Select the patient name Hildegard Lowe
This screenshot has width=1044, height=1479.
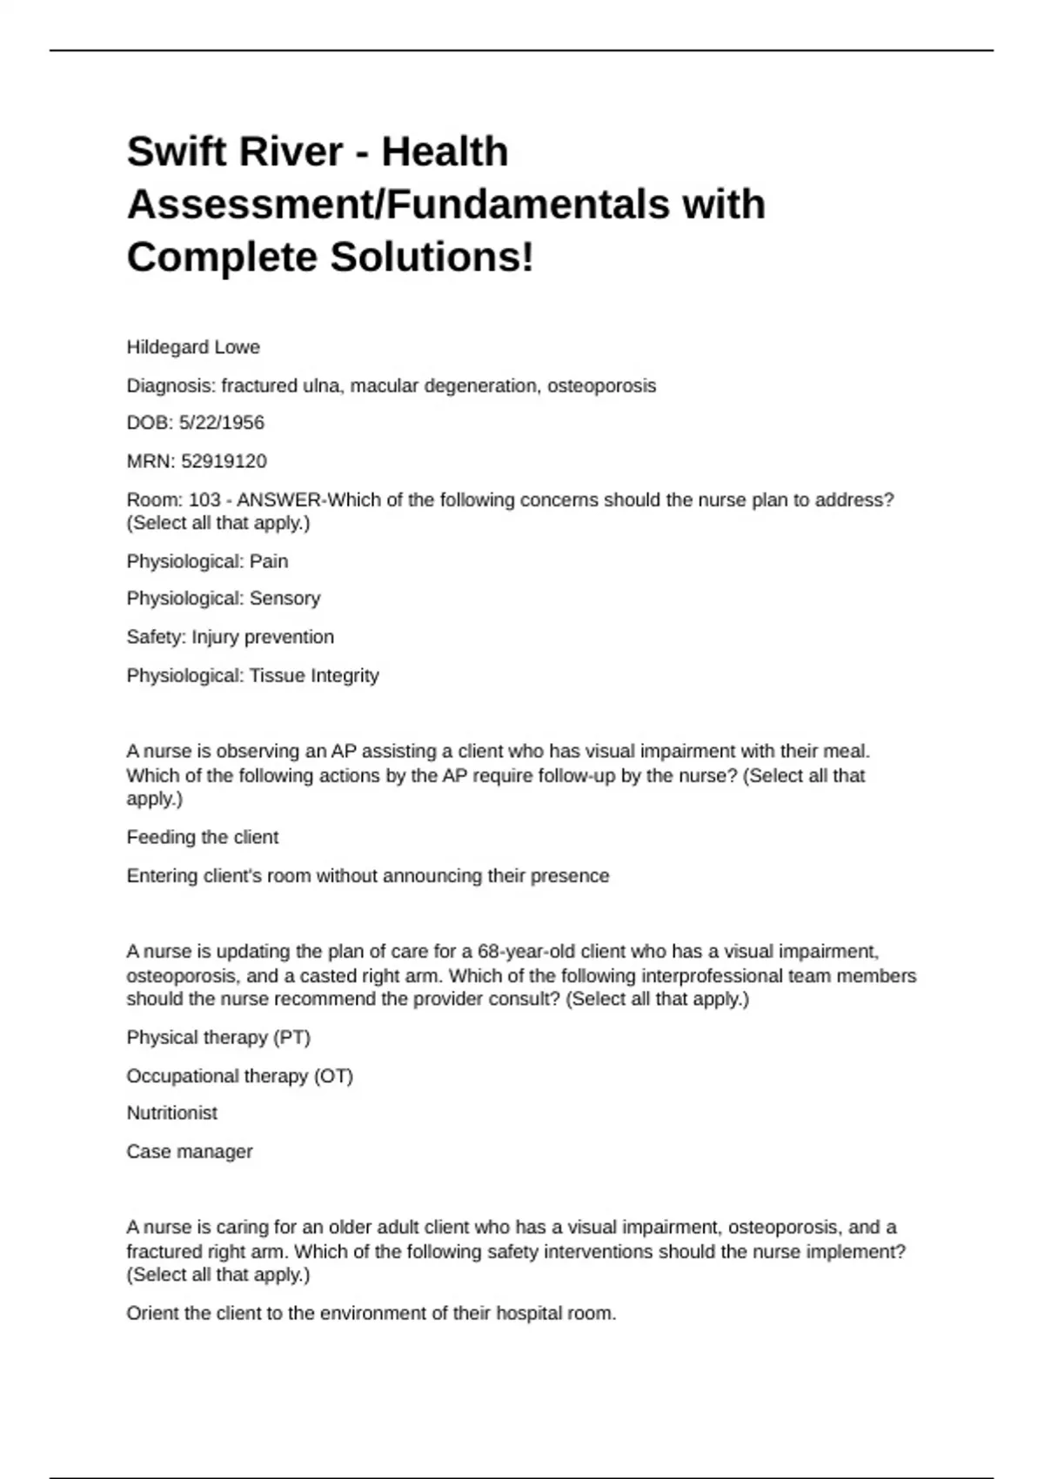(193, 347)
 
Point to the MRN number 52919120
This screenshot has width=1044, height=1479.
(224, 461)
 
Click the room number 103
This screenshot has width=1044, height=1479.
(204, 500)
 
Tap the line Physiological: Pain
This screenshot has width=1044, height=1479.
(207, 561)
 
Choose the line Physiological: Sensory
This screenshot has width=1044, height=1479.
(224, 599)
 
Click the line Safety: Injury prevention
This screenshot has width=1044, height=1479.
(230, 637)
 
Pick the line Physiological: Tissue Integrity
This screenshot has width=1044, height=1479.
(252, 675)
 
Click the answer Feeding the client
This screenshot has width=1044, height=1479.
(202, 837)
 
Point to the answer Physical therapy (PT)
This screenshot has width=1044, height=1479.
(218, 1037)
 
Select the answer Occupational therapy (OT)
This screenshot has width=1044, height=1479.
(239, 1075)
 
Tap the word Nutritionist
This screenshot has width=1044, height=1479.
(171, 1113)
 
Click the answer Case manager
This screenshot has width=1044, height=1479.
(189, 1151)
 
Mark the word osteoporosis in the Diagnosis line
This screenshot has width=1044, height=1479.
(601, 385)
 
